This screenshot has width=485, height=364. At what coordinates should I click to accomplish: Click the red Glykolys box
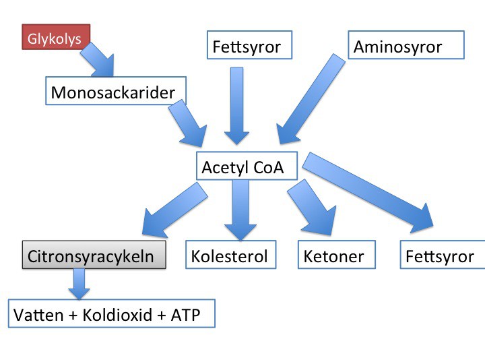click(x=56, y=37)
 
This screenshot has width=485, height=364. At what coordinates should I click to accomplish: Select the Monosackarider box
click(x=116, y=91)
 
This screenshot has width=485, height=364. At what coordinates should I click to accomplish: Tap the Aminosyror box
click(x=406, y=44)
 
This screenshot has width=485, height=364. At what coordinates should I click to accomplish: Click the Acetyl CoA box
click(x=247, y=166)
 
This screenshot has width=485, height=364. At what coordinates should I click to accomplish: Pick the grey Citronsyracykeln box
click(x=94, y=254)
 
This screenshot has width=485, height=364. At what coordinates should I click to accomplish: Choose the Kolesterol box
click(x=231, y=254)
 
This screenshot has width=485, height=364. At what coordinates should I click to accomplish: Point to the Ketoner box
click(x=337, y=254)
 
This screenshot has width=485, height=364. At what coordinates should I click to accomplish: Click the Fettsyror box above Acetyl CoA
click(x=249, y=44)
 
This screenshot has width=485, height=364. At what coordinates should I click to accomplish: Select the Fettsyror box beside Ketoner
click(x=443, y=254)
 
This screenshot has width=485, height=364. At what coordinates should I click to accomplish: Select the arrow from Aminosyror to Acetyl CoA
click(x=311, y=99)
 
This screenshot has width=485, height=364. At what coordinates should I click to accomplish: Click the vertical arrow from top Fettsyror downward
click(x=236, y=106)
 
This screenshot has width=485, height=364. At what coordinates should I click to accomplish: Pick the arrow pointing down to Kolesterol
click(x=240, y=210)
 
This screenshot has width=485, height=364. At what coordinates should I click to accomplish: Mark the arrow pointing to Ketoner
click(x=313, y=207)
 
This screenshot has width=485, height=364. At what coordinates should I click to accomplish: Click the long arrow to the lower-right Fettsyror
click(x=368, y=193)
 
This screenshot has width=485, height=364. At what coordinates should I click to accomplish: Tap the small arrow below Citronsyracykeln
click(x=79, y=284)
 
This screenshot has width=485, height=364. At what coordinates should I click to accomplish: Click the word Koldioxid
click(x=117, y=315)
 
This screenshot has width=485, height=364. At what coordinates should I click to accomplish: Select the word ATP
click(x=185, y=315)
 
